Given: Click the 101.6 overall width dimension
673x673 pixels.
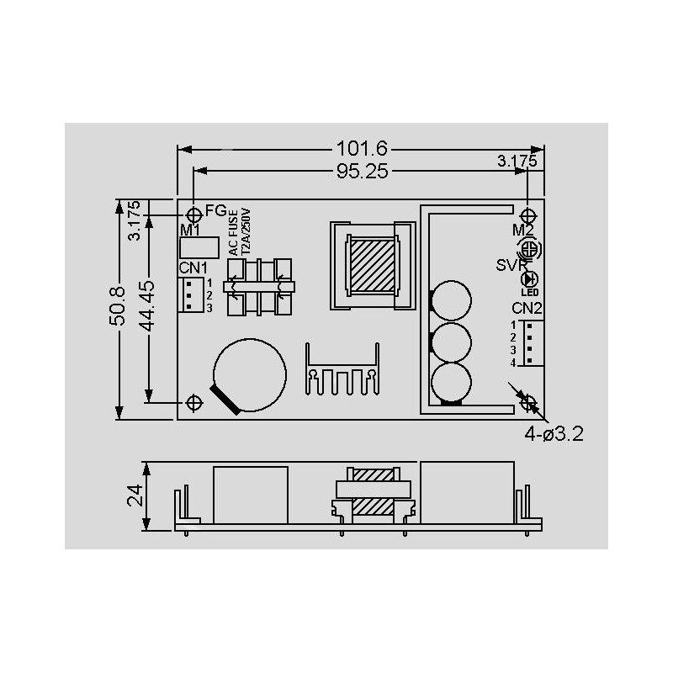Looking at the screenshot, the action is tap(362, 149).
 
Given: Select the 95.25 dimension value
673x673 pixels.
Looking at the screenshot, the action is tap(363, 172).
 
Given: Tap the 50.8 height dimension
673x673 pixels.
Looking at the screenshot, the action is tap(117, 305).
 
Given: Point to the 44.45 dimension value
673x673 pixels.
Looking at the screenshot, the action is tap(147, 306).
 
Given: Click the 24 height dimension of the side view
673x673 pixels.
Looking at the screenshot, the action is tap(135, 495).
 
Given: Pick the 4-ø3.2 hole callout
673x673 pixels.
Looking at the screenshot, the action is tap(554, 434).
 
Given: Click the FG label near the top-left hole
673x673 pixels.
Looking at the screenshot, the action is tap(216, 210).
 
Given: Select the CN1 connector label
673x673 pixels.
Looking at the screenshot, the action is tap(193, 268).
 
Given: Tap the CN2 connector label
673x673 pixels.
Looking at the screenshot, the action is tap(527, 308).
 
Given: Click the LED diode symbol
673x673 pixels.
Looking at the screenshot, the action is tap(529, 279).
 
